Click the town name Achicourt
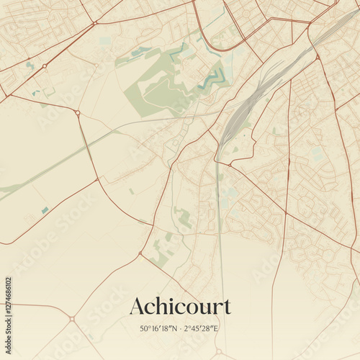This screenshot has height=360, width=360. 180,307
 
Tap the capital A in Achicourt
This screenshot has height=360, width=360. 137,307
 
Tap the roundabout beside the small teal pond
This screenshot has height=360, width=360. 44,66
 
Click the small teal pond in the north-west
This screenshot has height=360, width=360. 30,66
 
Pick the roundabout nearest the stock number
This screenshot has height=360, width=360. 71,318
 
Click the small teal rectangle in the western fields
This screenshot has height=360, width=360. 45,210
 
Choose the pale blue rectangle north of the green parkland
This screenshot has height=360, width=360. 105,40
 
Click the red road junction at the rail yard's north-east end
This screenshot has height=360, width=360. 317,56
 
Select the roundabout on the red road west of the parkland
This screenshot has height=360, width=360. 77,112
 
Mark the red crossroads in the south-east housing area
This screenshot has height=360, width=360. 286,213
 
